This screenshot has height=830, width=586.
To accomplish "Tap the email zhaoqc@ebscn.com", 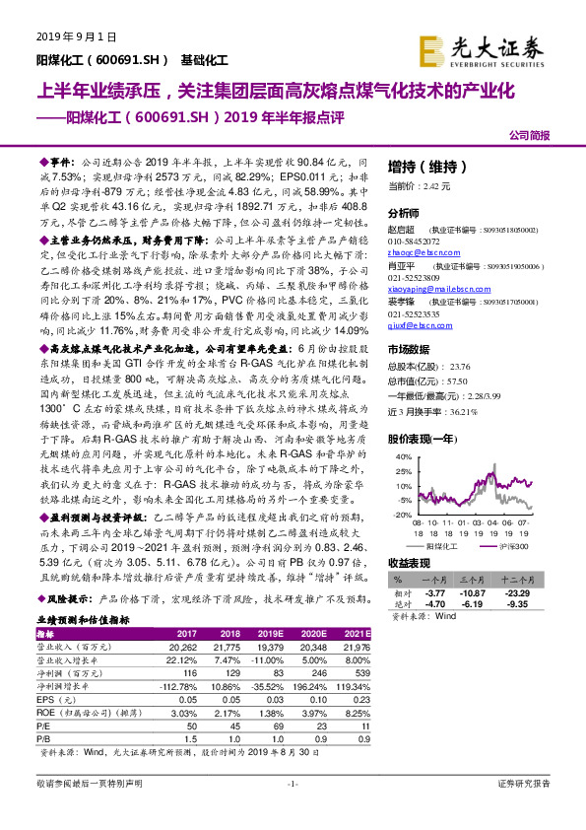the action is coord(419,253).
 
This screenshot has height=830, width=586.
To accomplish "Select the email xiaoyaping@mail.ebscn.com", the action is coord(435,291).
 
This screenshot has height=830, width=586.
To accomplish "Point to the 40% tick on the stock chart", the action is coord(404,457).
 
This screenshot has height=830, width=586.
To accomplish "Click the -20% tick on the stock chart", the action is coord(404,514).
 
